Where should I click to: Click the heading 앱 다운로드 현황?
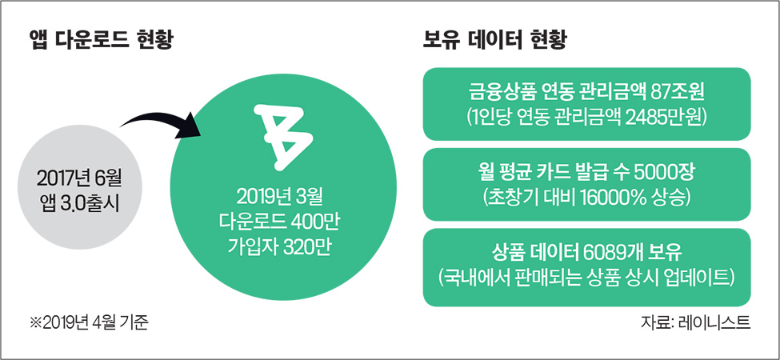pos(101,40)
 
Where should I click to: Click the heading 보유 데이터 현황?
pos(494,40)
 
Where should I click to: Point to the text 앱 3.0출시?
pos(80,205)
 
